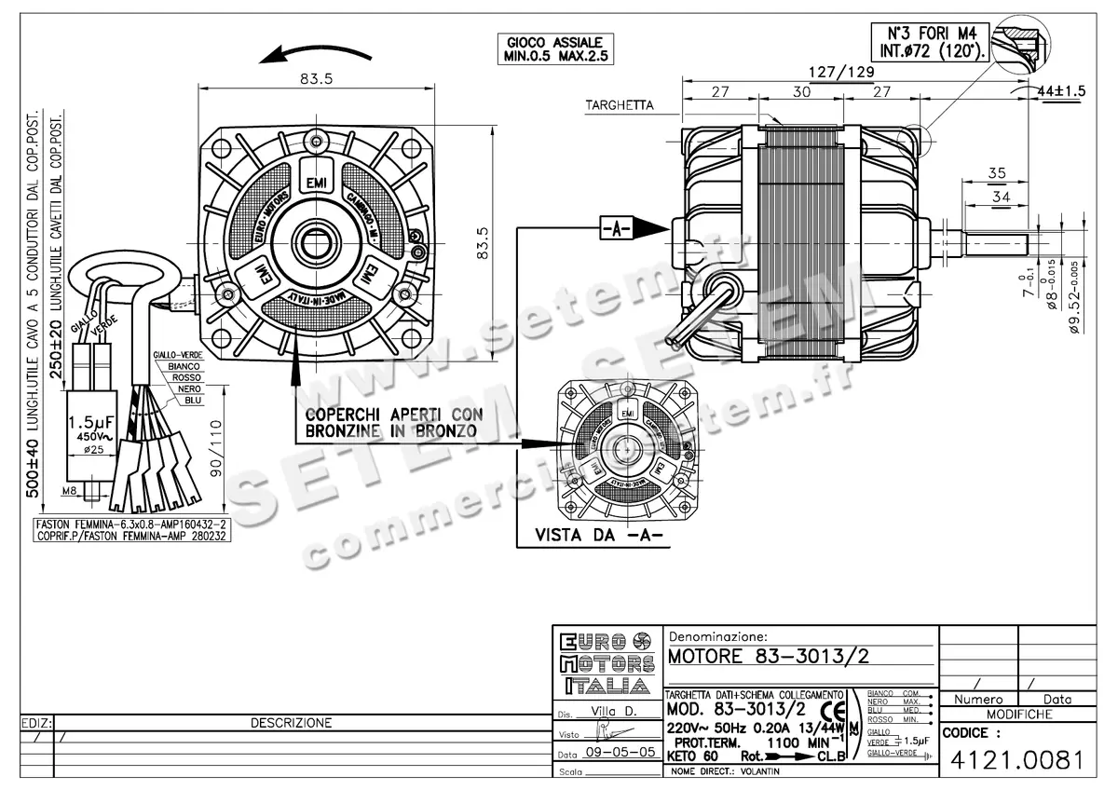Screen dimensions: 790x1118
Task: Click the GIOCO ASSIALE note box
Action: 555,49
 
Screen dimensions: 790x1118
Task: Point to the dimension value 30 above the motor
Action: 801,91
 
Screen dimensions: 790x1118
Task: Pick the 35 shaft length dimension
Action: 997,173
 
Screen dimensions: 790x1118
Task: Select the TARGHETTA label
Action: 620,105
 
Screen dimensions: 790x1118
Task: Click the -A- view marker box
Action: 616,227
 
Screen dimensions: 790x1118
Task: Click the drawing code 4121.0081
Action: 1016,760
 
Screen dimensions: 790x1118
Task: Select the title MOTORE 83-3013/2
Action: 768,655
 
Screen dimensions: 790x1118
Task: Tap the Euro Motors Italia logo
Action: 607,663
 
